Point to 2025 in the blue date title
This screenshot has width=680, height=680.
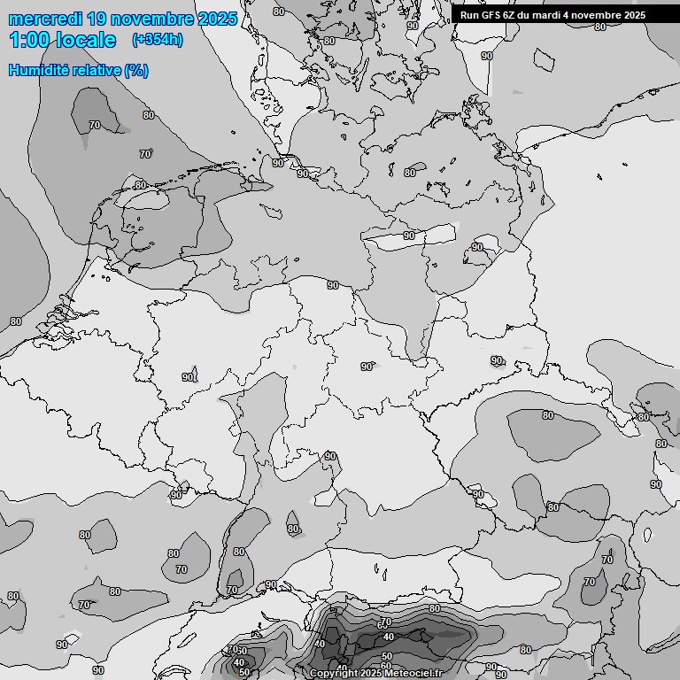(x=218, y=19)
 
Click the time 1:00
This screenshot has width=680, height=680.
(x=30, y=40)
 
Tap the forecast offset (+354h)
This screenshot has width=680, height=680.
(x=158, y=40)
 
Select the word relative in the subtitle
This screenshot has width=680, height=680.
(x=96, y=71)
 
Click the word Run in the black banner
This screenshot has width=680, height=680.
(x=470, y=15)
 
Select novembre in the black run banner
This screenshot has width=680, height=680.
(x=602, y=15)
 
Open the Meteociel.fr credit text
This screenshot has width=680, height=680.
(x=413, y=674)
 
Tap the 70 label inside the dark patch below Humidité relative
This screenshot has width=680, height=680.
(x=95, y=126)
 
